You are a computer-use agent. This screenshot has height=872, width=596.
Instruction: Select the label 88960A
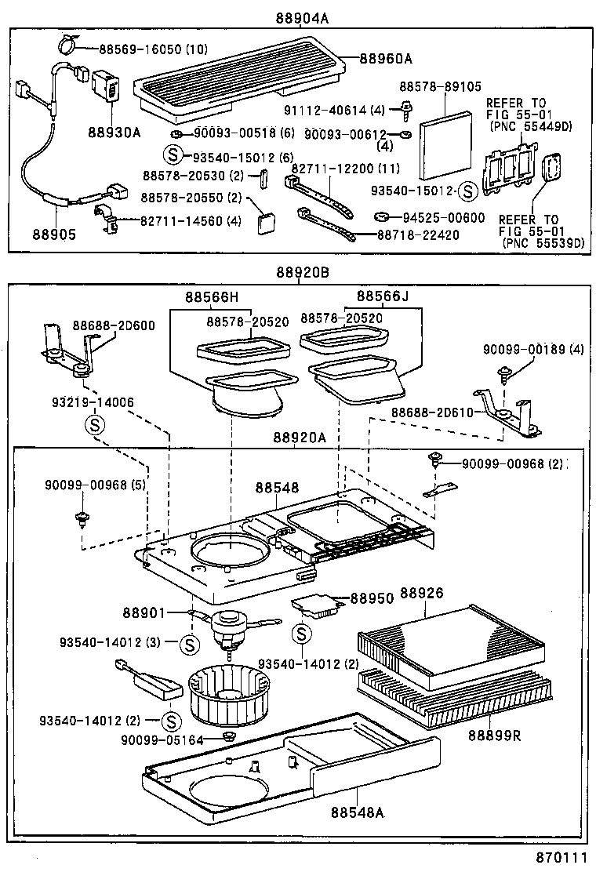387,57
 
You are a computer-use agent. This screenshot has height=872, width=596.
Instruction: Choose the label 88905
55,234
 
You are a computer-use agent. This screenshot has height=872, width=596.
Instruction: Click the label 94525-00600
444,218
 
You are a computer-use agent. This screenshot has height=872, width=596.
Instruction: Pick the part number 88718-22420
419,234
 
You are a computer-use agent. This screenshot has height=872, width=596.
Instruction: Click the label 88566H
212,297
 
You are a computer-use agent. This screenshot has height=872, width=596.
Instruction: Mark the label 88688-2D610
433,412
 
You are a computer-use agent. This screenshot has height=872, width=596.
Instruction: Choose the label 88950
372,598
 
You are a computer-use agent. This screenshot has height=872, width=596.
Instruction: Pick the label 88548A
357,812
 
